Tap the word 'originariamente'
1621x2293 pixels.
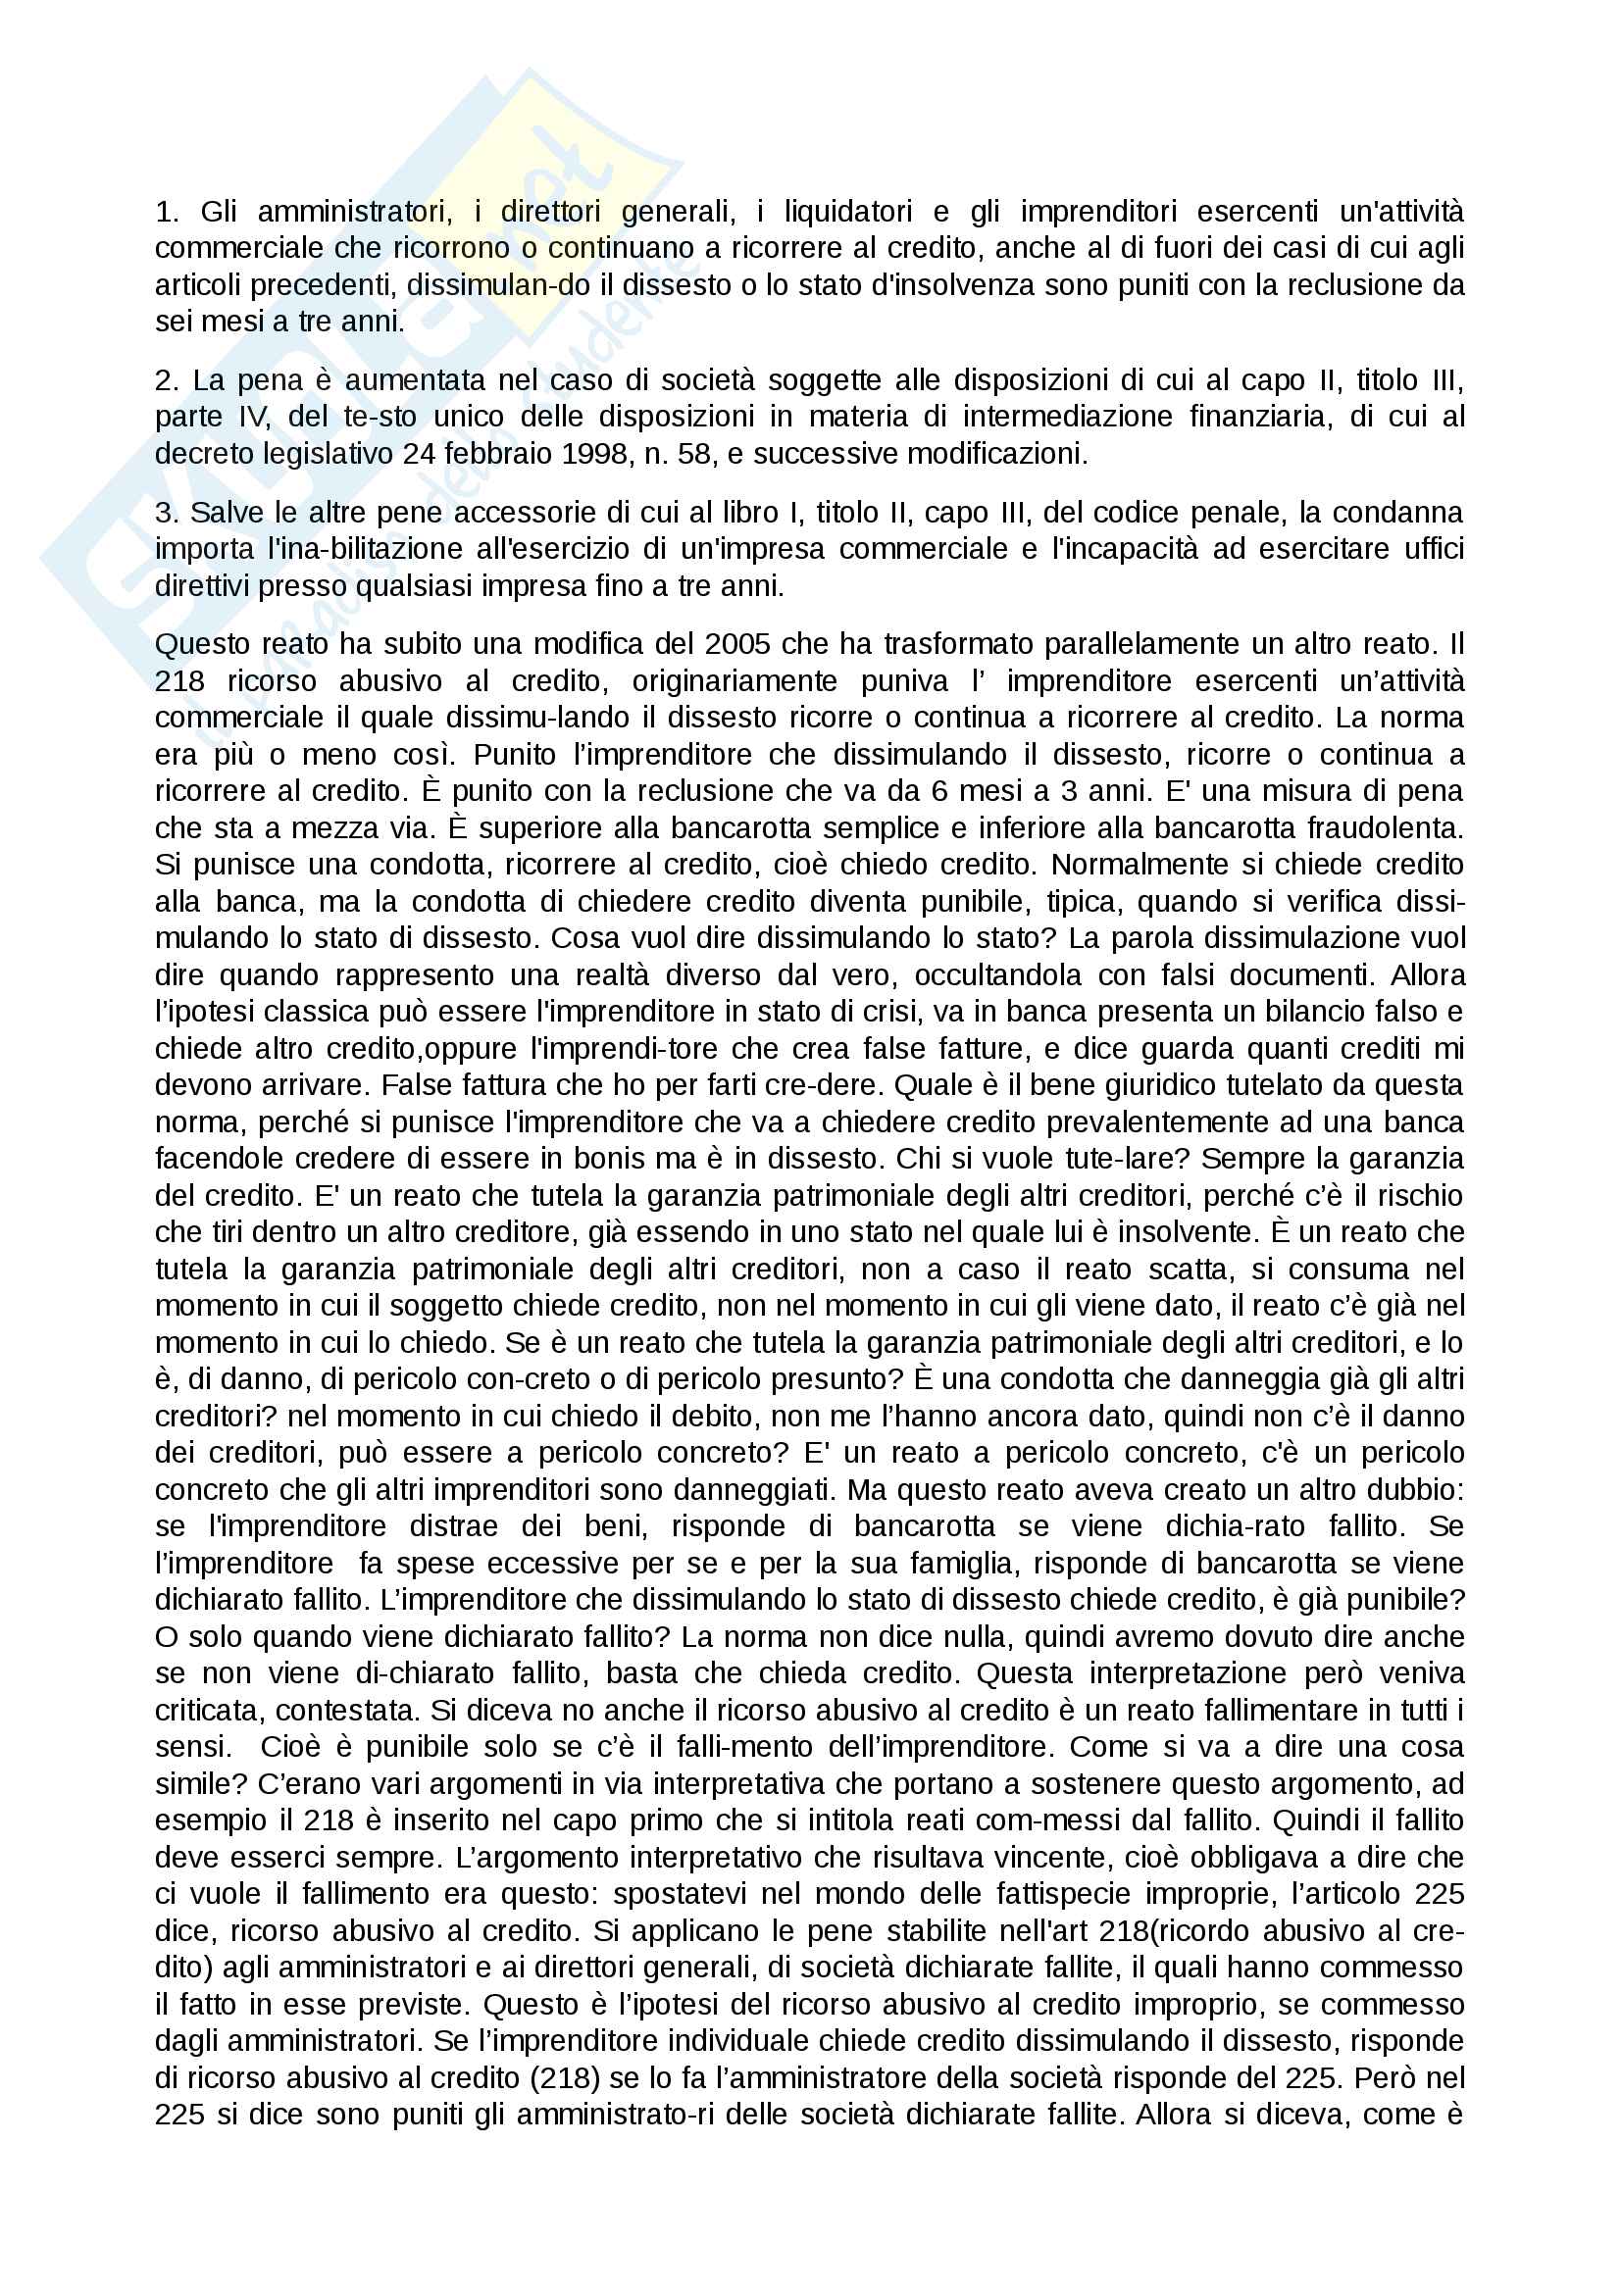coord(735,681)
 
